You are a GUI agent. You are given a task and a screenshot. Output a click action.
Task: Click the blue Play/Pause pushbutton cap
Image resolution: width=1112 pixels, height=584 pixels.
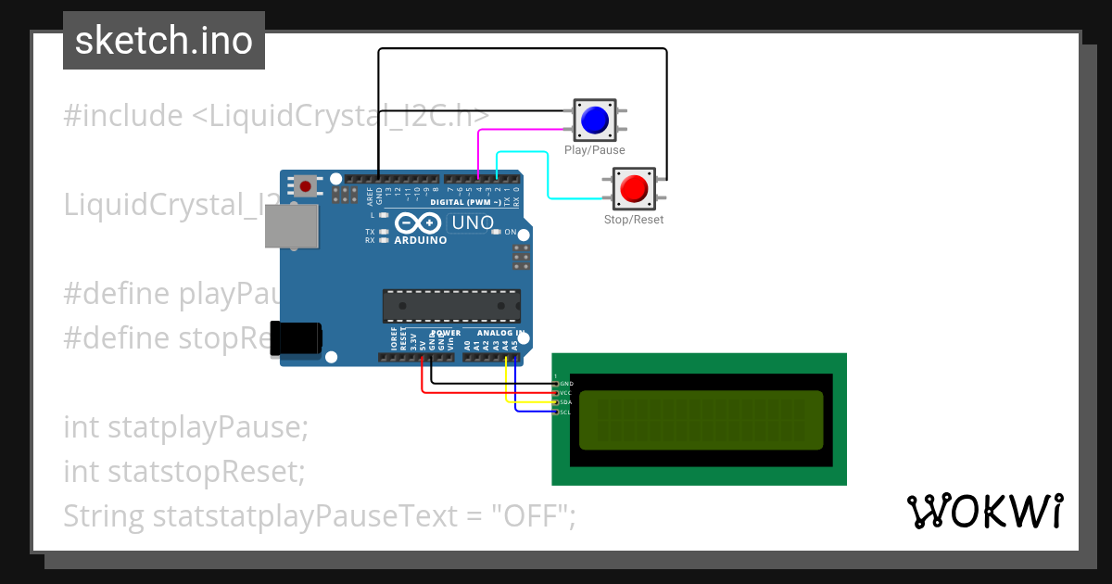594,120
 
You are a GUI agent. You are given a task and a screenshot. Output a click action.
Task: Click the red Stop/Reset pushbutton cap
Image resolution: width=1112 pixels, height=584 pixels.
634,188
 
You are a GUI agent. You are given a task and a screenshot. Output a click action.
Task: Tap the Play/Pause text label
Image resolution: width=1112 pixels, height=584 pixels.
594,150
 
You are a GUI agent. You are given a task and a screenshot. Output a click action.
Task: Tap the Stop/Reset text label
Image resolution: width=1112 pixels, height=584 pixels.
634,220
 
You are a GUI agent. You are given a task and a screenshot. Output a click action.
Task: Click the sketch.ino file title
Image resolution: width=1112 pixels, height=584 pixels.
163,41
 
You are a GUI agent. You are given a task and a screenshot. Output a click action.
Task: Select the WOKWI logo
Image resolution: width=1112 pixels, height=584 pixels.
984,511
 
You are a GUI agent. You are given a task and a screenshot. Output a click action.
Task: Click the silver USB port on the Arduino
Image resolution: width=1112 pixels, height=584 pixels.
290,226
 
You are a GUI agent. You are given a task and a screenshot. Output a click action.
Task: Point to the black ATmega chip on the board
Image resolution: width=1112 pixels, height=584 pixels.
451,306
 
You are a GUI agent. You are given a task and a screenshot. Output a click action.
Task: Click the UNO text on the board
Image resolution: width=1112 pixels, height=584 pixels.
472,223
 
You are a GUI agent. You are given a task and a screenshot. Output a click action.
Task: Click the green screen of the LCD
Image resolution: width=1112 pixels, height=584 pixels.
701,419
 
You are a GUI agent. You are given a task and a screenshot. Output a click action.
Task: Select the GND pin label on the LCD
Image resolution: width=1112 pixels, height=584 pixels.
565,383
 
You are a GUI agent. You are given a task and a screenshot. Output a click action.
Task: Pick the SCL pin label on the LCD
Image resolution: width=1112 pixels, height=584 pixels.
565,412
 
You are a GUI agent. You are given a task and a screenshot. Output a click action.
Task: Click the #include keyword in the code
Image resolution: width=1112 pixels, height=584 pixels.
123,116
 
